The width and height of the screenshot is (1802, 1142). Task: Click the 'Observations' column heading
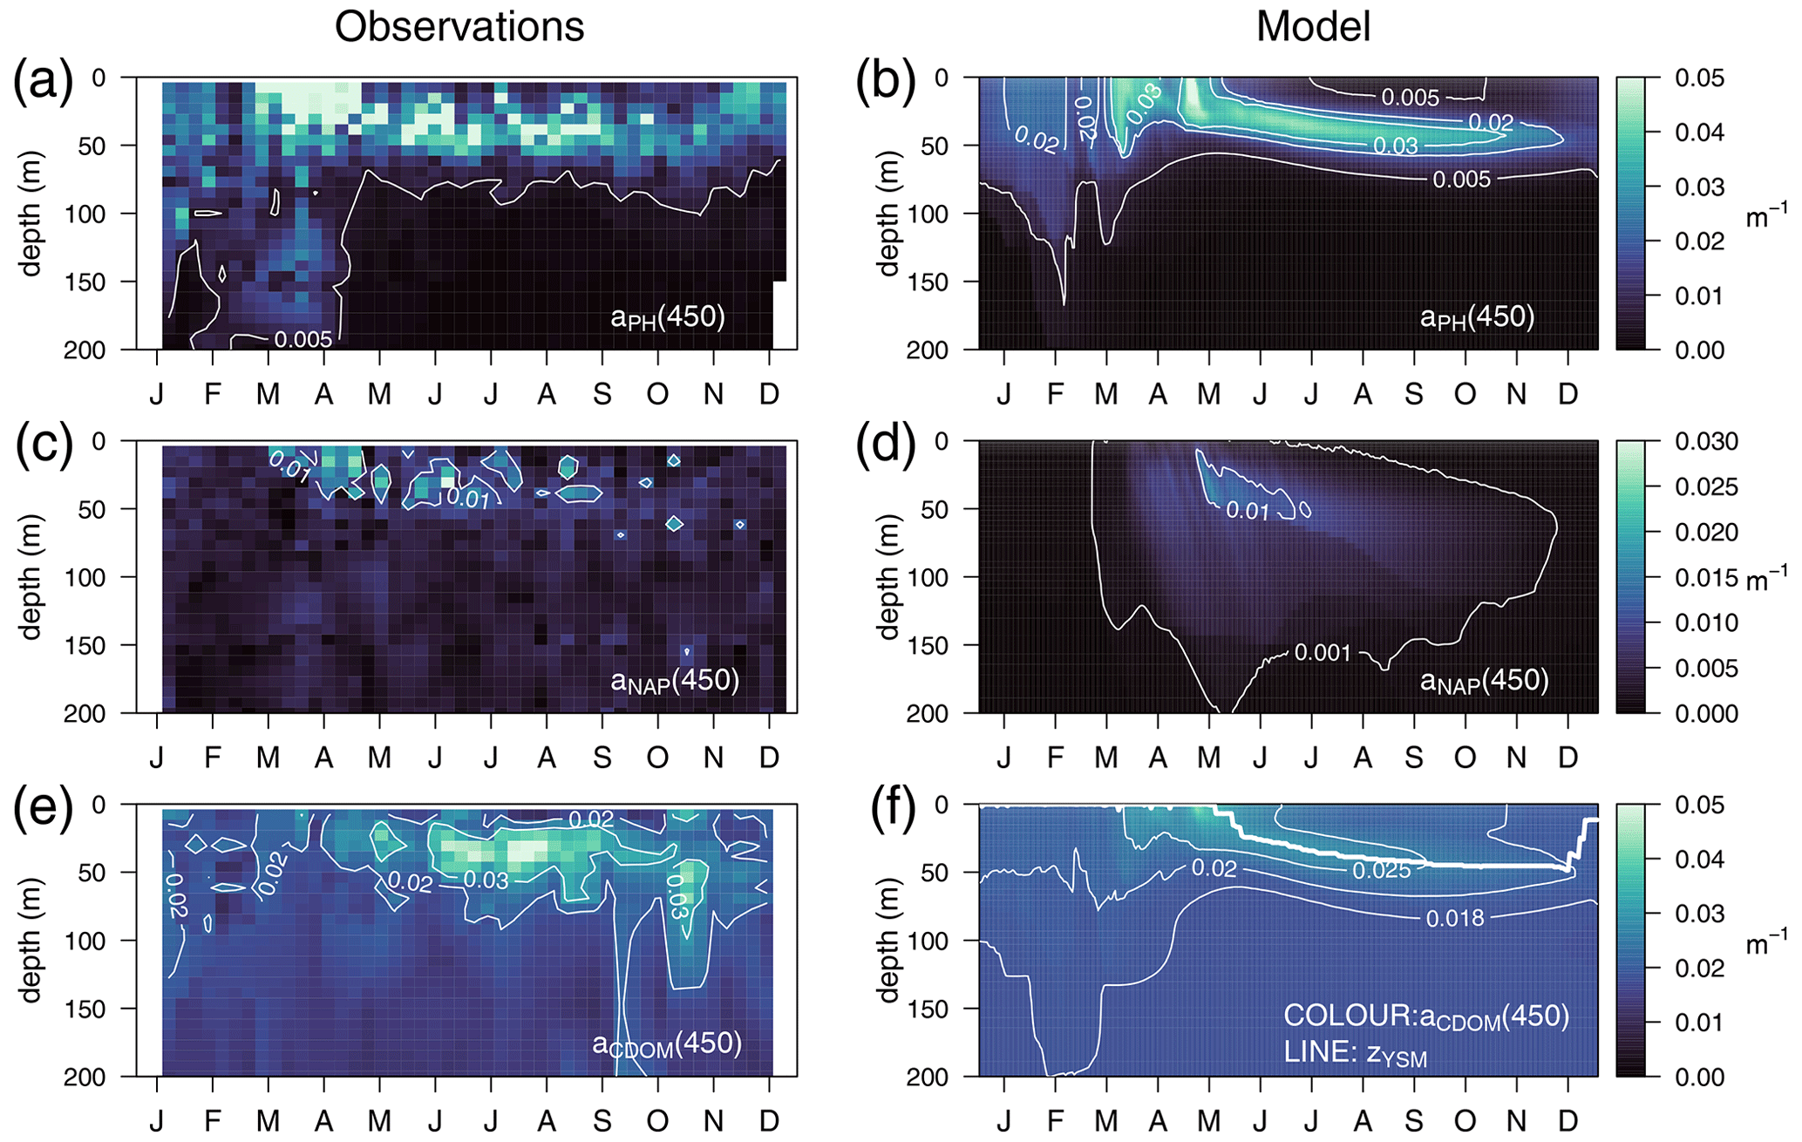point(459,27)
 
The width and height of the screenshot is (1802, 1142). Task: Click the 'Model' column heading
point(1313,27)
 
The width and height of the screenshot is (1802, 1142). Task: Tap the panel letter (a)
point(43,83)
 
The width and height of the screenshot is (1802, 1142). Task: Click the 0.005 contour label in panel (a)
point(303,339)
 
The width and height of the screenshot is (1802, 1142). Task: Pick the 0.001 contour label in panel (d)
point(1322,653)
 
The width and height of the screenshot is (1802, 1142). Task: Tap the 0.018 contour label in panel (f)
point(1454,918)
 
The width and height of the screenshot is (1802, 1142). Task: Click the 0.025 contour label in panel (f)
point(1381,870)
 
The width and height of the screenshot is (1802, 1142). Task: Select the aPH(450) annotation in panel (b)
point(1477,317)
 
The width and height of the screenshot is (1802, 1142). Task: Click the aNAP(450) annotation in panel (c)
point(675,681)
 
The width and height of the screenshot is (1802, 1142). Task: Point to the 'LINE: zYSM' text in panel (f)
point(1355,1053)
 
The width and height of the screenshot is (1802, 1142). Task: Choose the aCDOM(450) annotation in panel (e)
point(667,1044)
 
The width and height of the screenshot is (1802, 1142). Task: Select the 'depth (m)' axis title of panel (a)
point(31,214)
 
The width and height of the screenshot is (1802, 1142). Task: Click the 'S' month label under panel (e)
point(602,1121)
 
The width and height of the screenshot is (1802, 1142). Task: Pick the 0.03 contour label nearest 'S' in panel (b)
point(1395,146)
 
